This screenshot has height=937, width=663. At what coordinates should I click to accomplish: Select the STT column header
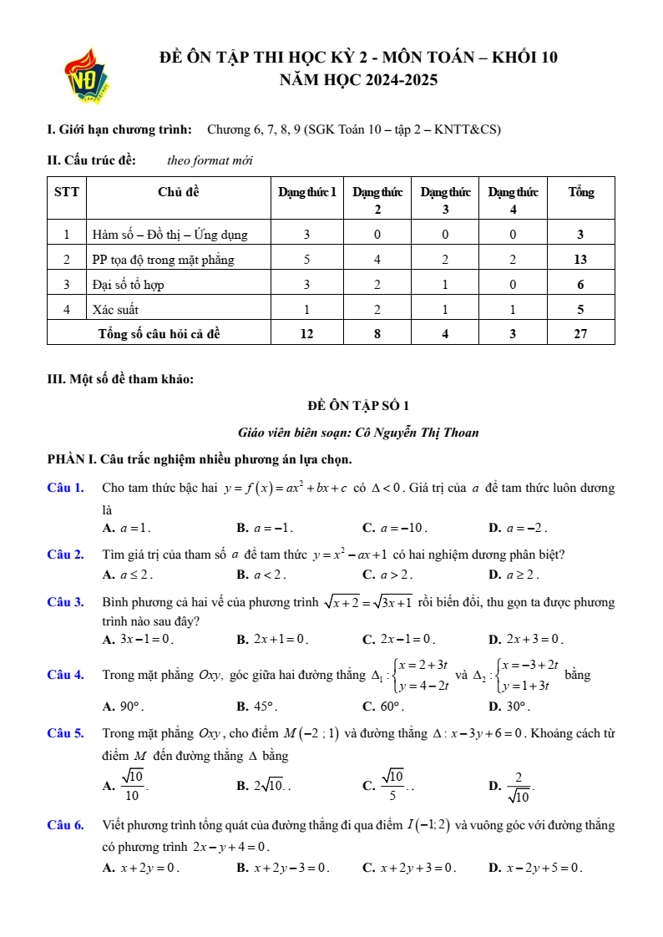click(67, 192)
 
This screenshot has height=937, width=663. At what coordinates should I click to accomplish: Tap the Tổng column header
click(580, 192)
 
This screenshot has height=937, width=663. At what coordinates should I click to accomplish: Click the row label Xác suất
click(115, 310)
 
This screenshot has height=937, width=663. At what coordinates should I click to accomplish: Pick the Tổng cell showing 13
click(580, 260)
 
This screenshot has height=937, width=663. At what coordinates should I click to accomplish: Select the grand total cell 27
click(580, 334)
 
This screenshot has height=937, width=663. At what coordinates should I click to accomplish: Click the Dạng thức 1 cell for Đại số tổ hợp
click(306, 285)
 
